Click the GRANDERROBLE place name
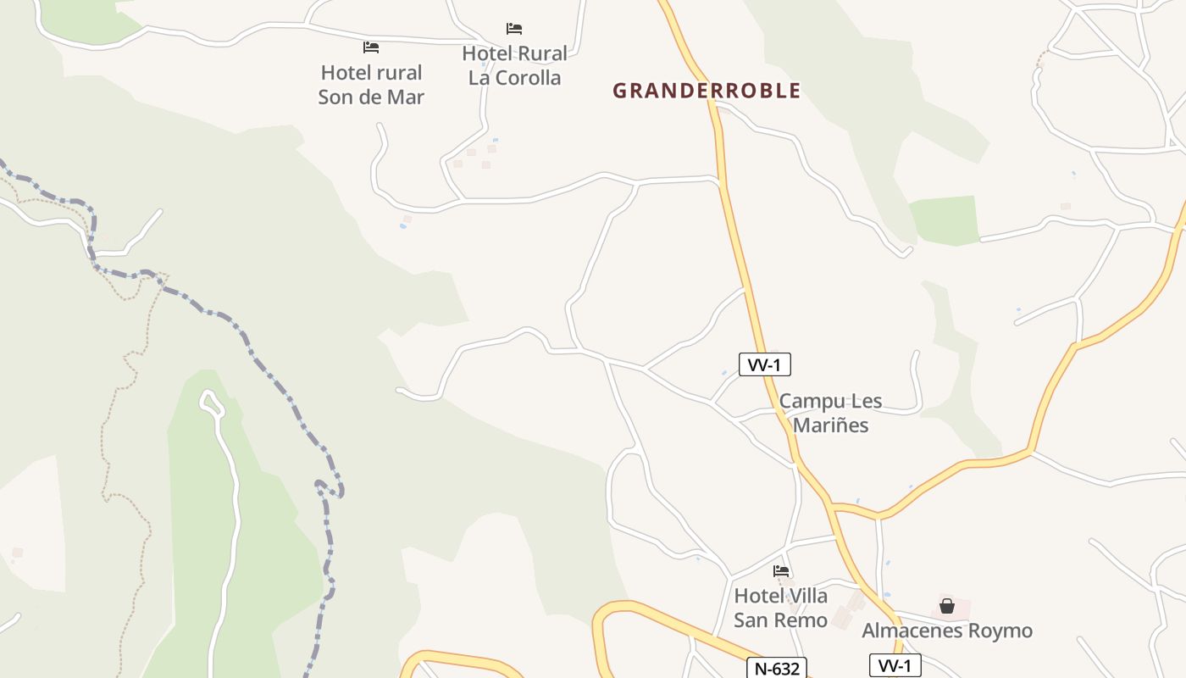707,91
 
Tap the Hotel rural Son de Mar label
371,85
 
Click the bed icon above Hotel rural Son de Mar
370,47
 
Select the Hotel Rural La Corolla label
515,66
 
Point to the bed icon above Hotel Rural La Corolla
514,29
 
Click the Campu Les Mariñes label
830,413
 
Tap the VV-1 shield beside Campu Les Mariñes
765,364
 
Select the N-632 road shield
776,669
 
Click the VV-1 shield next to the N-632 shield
895,666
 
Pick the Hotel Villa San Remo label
780,608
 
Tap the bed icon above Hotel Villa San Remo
781,571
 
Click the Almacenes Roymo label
947,631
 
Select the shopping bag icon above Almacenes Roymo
947,606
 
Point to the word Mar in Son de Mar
405,97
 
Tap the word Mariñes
830,425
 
